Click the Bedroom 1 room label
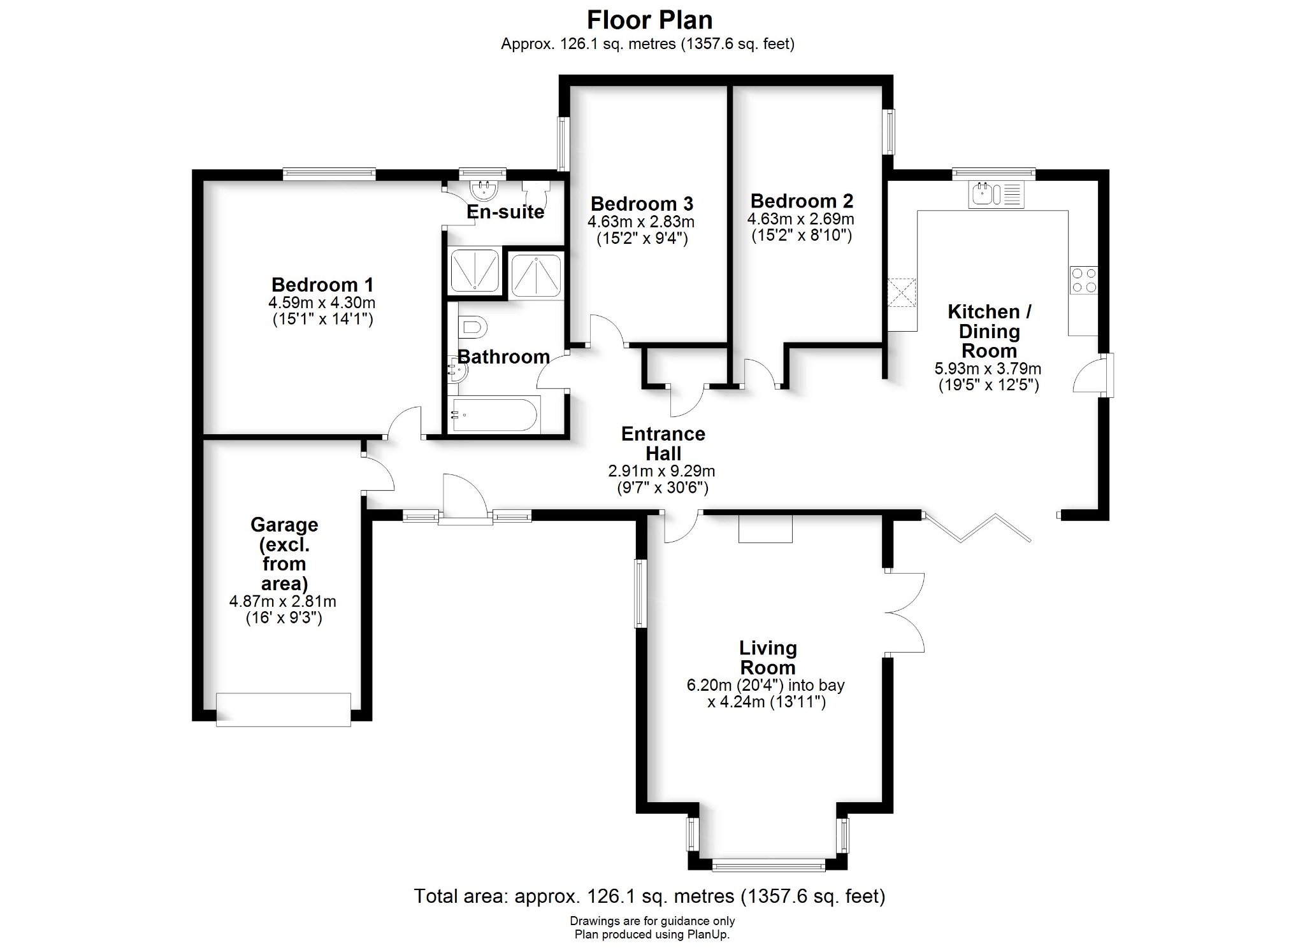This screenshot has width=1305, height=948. pos(322,284)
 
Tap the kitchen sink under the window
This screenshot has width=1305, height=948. pos(996,194)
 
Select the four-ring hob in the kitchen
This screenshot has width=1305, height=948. pos(1084,280)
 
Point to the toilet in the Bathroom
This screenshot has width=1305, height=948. pos(471,328)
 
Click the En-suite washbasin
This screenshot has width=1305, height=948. pos(482,189)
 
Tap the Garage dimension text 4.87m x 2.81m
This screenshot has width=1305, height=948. pos(283,601)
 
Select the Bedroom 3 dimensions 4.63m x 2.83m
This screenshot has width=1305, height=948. pos(641,222)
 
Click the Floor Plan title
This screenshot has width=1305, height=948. pos(649,20)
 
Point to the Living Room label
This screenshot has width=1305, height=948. pos(768,658)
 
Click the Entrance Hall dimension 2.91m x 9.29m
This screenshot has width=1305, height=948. pos(661,471)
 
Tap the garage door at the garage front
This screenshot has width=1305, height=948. pos(284,709)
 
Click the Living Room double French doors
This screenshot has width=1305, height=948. pos(905,612)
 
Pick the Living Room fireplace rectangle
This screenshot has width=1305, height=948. pos(765,528)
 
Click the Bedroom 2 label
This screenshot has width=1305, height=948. pos(802,201)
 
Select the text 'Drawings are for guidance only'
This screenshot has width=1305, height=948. pos(652,921)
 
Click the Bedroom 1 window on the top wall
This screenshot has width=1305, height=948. pos(329,174)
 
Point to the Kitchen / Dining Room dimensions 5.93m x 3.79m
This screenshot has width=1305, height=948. pos(988,369)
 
